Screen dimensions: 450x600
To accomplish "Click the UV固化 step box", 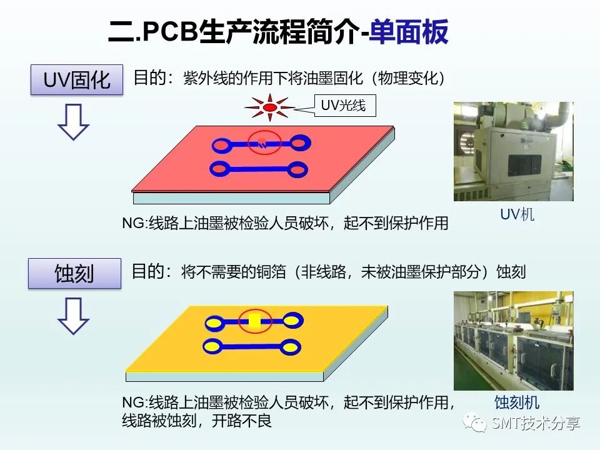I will [76, 80].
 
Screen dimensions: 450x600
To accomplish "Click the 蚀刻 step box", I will [74, 274].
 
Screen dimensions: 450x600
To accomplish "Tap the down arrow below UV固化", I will [74, 121].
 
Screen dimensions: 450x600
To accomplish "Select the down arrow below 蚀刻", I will [74, 315].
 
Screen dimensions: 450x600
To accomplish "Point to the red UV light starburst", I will [269, 108].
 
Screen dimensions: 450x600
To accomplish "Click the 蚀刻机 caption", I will [516, 402].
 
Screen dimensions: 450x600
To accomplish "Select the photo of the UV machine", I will [513, 151].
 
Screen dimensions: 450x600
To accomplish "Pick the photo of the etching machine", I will [513, 341].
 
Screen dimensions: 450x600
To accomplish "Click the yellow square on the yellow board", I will [254, 322].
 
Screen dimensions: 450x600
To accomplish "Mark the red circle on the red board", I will [262, 144].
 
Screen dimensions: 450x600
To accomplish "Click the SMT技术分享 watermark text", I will [536, 423].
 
